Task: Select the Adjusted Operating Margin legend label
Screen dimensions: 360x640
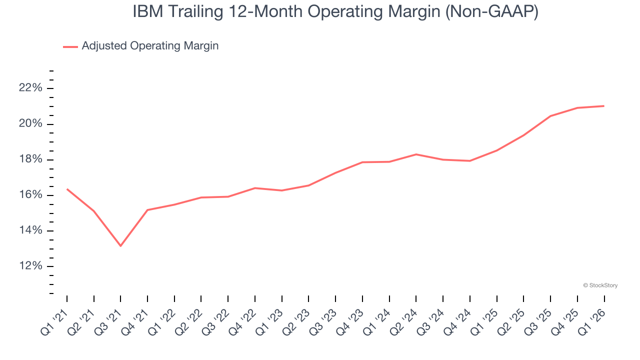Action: point(150,46)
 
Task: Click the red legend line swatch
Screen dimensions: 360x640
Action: point(70,46)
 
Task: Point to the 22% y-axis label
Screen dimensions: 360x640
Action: point(30,88)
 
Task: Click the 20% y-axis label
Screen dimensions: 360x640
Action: point(30,124)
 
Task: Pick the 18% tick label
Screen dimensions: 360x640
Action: point(30,159)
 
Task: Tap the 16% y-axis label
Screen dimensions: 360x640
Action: point(30,195)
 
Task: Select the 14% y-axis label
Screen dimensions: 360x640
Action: point(30,230)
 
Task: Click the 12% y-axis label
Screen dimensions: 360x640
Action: point(30,266)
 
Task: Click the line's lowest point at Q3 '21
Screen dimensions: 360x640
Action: point(120,245)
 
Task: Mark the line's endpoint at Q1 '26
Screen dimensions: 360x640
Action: point(604,106)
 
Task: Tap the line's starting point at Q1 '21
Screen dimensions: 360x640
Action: point(67,189)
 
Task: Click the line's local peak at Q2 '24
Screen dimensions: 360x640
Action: point(416,154)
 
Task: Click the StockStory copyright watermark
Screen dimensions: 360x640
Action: point(600,285)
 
